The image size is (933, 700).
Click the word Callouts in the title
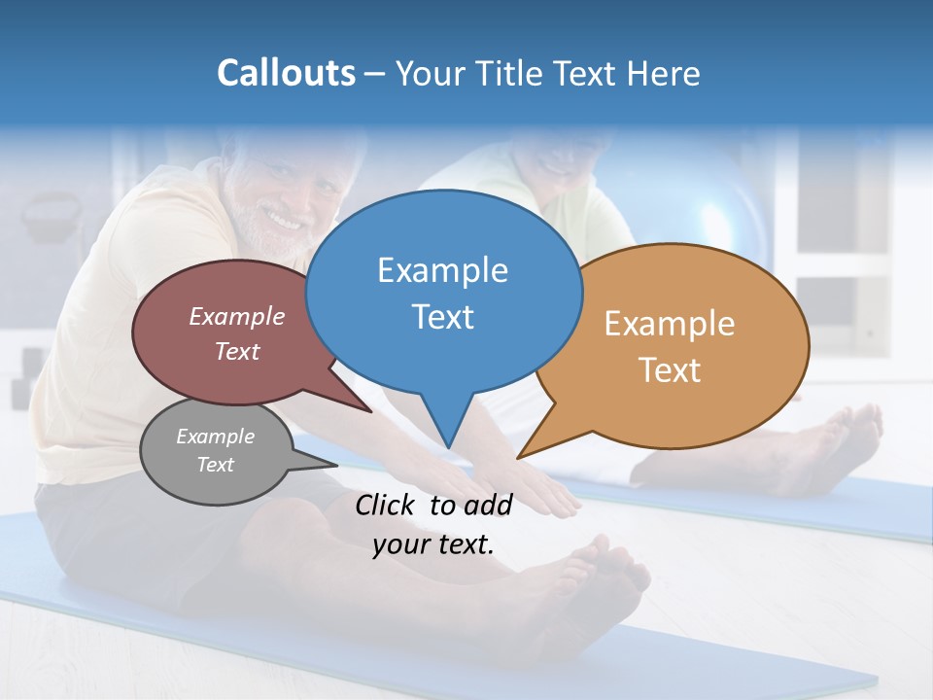point(286,73)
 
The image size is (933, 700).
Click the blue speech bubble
point(443,292)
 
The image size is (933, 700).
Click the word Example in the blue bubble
point(442,270)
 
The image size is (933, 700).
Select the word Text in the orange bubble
point(670,370)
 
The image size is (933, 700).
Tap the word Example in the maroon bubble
point(237,317)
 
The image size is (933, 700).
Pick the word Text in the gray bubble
point(216,465)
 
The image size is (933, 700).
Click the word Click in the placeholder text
point(387,505)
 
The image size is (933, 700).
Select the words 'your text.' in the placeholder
point(433,544)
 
